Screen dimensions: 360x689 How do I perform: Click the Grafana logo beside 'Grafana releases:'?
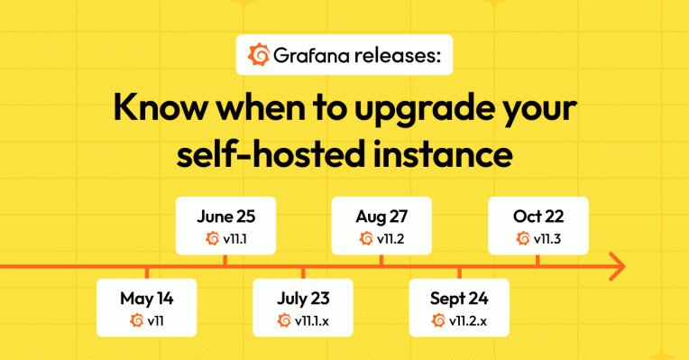tap(258, 56)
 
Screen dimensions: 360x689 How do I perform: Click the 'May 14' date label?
tap(146, 297)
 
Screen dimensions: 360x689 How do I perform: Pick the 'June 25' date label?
tap(225, 217)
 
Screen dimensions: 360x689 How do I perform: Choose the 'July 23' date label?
tap(303, 297)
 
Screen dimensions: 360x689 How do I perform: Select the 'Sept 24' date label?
tap(459, 297)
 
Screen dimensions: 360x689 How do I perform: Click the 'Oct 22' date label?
tap(538, 217)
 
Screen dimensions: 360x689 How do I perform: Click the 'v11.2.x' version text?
tap(469, 320)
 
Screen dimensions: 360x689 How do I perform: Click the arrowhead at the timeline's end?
tap(616, 266)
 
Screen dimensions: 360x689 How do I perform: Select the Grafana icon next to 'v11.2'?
tap(366, 239)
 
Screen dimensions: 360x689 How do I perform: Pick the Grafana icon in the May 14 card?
tap(137, 320)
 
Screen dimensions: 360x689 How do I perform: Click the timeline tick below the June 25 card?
tap(225, 260)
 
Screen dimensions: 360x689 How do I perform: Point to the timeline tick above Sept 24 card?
tap(459, 272)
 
